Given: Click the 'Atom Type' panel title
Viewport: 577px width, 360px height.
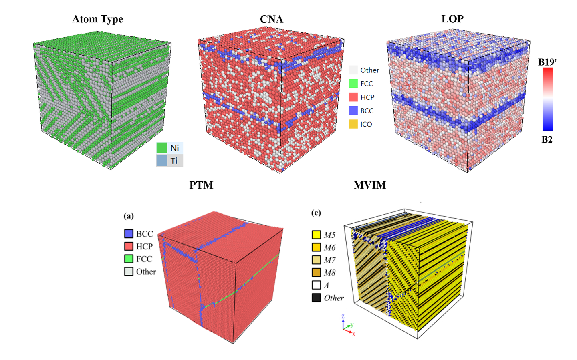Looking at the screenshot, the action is point(97,19).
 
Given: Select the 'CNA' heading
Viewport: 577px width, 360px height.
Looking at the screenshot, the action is point(272,19).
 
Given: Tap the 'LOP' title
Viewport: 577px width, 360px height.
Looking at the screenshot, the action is point(452,19).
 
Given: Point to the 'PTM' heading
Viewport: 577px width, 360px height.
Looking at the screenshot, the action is point(201,185).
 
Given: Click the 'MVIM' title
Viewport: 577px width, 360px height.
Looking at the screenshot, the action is point(370,185).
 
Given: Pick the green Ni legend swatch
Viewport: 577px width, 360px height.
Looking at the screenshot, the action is point(162,148).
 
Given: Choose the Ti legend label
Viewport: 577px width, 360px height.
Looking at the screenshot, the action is point(174,161).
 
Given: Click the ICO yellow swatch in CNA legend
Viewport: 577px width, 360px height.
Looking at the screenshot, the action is point(353,124).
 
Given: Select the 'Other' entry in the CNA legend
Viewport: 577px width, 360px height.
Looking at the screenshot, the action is point(369,70).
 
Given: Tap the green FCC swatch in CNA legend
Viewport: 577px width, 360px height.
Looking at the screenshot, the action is point(353,84).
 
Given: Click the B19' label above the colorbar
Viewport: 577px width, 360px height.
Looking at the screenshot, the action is point(547,62).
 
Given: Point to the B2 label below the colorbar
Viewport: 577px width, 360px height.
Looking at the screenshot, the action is point(547,139).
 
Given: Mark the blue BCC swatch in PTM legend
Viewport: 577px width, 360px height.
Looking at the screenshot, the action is point(129,233).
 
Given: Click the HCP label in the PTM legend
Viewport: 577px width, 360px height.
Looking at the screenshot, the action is point(144,246).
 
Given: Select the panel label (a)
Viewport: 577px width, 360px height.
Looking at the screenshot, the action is point(129,216).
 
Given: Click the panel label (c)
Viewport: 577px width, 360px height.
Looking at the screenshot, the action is point(316,213).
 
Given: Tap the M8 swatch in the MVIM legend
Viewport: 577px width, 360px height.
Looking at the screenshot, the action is point(316,272).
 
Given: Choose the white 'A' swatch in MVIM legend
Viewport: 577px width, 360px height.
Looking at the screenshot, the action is point(316,285).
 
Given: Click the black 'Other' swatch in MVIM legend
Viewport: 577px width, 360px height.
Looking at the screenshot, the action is point(316,298).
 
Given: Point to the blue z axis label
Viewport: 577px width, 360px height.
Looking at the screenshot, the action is point(343,316).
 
